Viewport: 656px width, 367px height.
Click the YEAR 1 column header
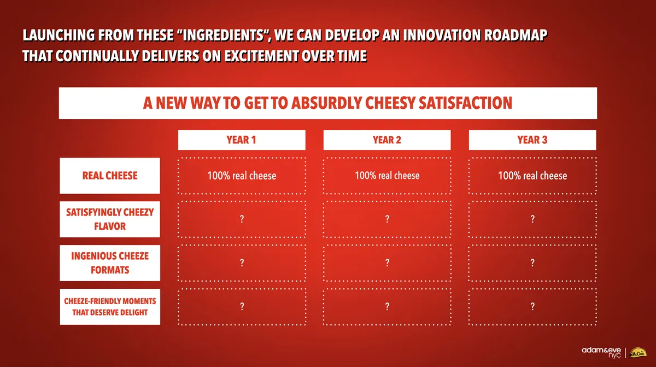[241, 140]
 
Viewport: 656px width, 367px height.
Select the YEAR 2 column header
[387, 140]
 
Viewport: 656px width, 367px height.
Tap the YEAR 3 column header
[532, 140]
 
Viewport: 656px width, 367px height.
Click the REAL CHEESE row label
[110, 176]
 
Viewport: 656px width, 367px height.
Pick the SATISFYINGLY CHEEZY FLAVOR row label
[110, 219]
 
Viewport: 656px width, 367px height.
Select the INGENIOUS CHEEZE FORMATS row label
[110, 263]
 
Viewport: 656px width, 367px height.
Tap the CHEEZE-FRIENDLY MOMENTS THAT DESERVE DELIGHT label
[110, 307]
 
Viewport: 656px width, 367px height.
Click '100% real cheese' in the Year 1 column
[242, 176]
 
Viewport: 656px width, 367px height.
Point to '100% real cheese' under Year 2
[387, 176]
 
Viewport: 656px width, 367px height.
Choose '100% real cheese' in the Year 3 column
[532, 176]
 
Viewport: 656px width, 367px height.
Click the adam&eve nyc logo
[602, 352]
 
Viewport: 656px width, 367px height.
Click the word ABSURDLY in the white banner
[328, 103]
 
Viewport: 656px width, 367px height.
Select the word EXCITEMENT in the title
[268, 56]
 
